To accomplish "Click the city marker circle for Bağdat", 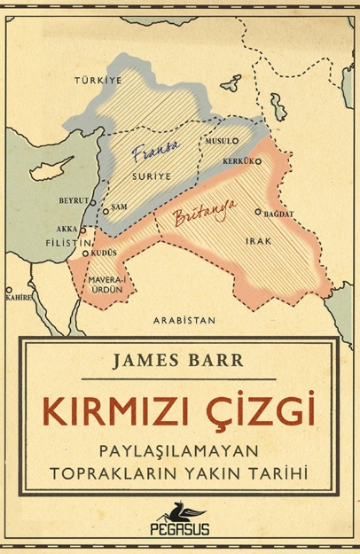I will pos(258,213).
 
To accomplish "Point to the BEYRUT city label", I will pos(74,200).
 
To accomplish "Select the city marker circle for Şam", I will pos(105,212).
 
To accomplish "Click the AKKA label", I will pos(67,228).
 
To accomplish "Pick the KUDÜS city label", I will pos(104,254).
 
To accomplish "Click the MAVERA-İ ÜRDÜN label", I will pos(105,285).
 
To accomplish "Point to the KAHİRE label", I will pos(18,297).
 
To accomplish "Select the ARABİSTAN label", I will pos(184,319).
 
